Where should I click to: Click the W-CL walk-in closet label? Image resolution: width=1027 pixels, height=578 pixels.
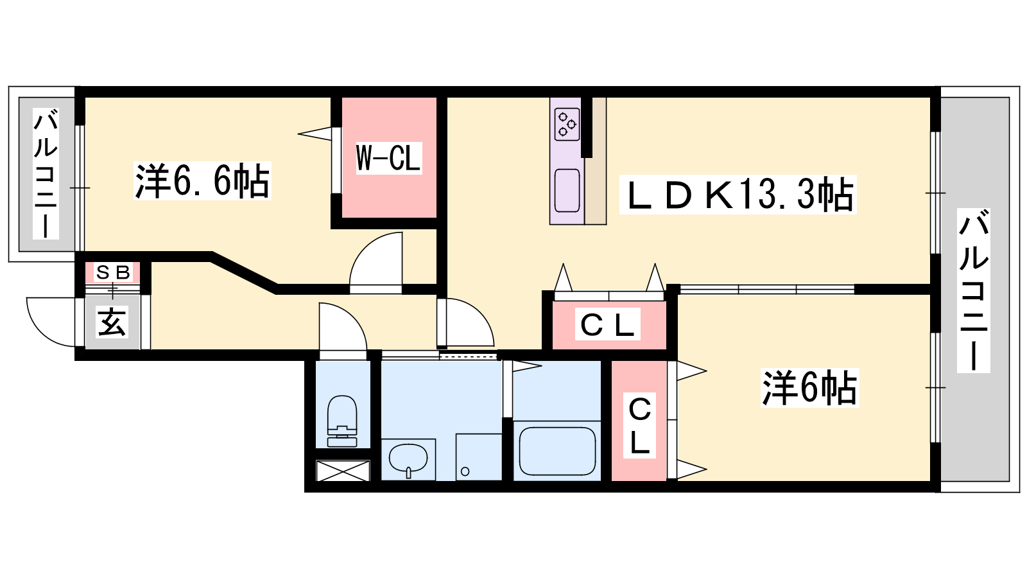[389, 158]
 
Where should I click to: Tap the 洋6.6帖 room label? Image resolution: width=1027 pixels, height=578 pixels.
[202, 180]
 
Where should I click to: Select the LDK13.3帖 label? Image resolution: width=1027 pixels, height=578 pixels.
[738, 195]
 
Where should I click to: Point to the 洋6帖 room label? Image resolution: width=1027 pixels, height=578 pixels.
[809, 388]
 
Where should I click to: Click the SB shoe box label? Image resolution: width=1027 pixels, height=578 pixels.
[113, 273]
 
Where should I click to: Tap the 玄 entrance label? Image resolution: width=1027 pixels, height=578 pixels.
[112, 322]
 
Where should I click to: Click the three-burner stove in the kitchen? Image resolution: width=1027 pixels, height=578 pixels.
[567, 124]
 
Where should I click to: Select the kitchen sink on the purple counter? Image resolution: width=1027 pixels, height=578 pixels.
[567, 190]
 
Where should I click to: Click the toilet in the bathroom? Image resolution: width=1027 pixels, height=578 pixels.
[342, 421]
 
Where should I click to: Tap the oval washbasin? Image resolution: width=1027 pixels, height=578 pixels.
[408, 459]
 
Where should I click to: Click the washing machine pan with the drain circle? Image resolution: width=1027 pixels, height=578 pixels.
[479, 457]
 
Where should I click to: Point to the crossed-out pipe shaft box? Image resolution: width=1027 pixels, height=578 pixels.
[343, 471]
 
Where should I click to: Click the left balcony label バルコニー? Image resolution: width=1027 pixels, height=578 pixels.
[46, 173]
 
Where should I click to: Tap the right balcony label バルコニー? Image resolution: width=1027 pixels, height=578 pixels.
[973, 290]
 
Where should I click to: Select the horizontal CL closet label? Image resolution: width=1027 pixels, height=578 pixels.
[607, 324]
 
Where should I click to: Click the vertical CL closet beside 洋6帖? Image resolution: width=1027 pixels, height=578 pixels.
[639, 425]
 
